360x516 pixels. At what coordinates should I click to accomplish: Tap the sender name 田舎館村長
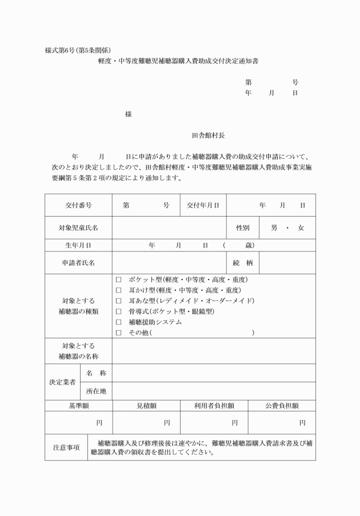click(209, 135)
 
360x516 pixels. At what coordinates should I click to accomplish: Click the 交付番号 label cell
click(78, 205)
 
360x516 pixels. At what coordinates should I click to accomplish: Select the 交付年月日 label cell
click(203, 205)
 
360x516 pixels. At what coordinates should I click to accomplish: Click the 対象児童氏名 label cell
click(78, 227)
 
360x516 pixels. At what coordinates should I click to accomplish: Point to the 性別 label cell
click(243, 227)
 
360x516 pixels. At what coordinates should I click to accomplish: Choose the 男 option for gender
click(274, 227)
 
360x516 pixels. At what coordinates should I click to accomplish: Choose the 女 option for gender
click(301, 227)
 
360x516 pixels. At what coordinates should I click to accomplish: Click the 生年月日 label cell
click(78, 245)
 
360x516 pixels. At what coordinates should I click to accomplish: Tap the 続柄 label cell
click(243, 263)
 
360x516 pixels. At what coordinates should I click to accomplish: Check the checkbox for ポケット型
click(119, 280)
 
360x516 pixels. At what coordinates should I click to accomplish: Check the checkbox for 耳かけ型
click(119, 290)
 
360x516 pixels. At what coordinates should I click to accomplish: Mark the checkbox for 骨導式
click(119, 311)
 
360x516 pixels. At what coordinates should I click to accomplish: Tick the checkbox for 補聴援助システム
click(119, 322)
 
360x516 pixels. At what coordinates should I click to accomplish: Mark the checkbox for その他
click(119, 333)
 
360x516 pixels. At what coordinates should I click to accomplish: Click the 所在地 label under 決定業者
click(96, 391)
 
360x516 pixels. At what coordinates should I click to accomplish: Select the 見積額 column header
click(146, 406)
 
